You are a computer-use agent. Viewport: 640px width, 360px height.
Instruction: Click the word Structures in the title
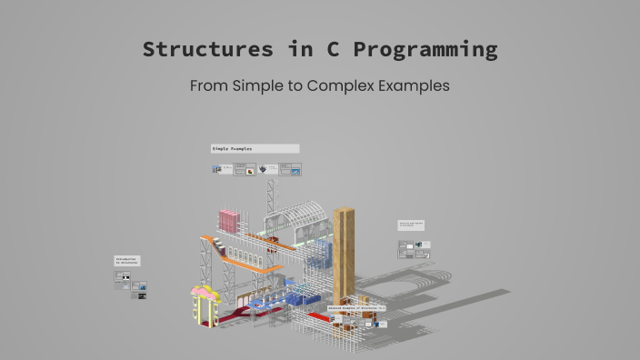[208, 49]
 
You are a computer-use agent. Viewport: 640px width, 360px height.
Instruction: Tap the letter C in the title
[333, 49]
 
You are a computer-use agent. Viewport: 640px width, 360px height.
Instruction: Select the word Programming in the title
[425, 50]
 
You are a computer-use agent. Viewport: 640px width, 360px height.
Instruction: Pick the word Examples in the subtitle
[415, 87]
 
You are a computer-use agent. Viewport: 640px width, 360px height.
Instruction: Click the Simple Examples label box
[255, 148]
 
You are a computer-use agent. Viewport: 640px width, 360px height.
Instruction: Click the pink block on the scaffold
[229, 220]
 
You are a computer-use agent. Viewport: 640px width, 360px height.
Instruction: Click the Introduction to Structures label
[127, 261]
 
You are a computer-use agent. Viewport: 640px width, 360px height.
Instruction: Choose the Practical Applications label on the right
[411, 225]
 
